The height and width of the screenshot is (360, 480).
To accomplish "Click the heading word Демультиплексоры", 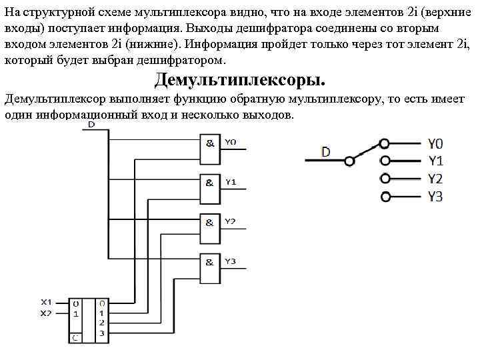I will [241, 81].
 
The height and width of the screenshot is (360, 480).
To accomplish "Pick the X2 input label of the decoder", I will [45, 313].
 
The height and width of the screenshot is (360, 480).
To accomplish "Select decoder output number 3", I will [101, 332].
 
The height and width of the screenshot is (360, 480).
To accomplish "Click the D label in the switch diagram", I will [325, 152].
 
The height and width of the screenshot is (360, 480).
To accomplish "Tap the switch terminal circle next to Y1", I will [384, 161].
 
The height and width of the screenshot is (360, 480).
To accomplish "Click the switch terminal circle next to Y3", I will [384, 196].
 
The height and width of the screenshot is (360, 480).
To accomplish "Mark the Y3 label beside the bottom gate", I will [230, 262].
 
